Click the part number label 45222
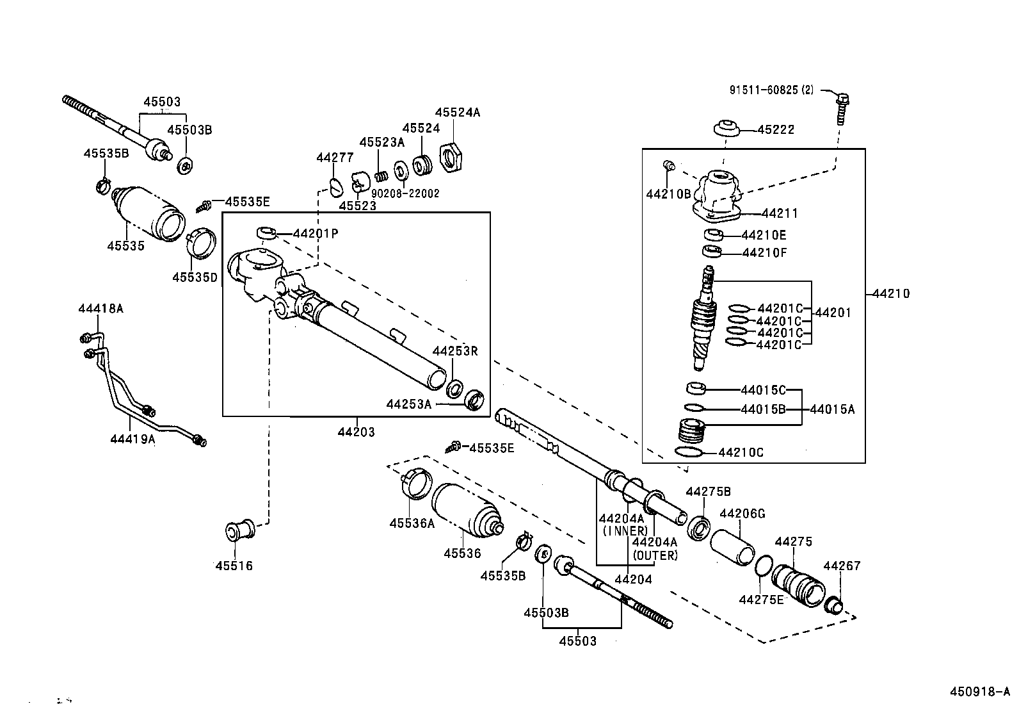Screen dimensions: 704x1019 [776, 129]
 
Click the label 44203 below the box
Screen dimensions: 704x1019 [356, 432]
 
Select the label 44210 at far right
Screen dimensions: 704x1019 [890, 294]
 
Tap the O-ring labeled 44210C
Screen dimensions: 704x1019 [687, 452]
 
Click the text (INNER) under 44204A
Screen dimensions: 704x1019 [625, 530]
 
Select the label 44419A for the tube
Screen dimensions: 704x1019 [132, 439]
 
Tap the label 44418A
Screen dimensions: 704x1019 [100, 308]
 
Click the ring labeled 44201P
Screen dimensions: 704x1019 [266, 232]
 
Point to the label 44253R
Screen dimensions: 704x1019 [455, 351]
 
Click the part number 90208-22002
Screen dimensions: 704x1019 [405, 193]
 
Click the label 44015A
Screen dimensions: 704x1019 [832, 409]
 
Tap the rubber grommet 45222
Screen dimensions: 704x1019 [726, 127]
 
